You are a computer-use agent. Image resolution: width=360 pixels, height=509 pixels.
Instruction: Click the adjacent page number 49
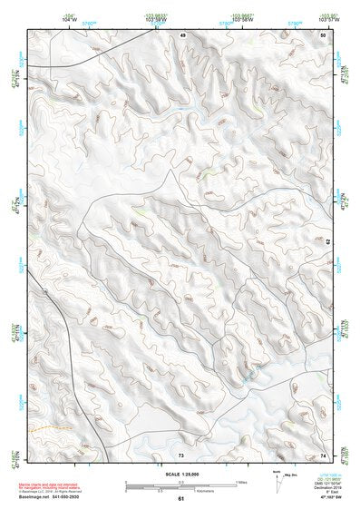coord(181,34)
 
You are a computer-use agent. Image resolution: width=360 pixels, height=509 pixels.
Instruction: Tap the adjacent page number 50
coord(324,34)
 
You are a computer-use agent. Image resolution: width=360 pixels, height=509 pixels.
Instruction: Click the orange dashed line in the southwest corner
coord(45,427)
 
